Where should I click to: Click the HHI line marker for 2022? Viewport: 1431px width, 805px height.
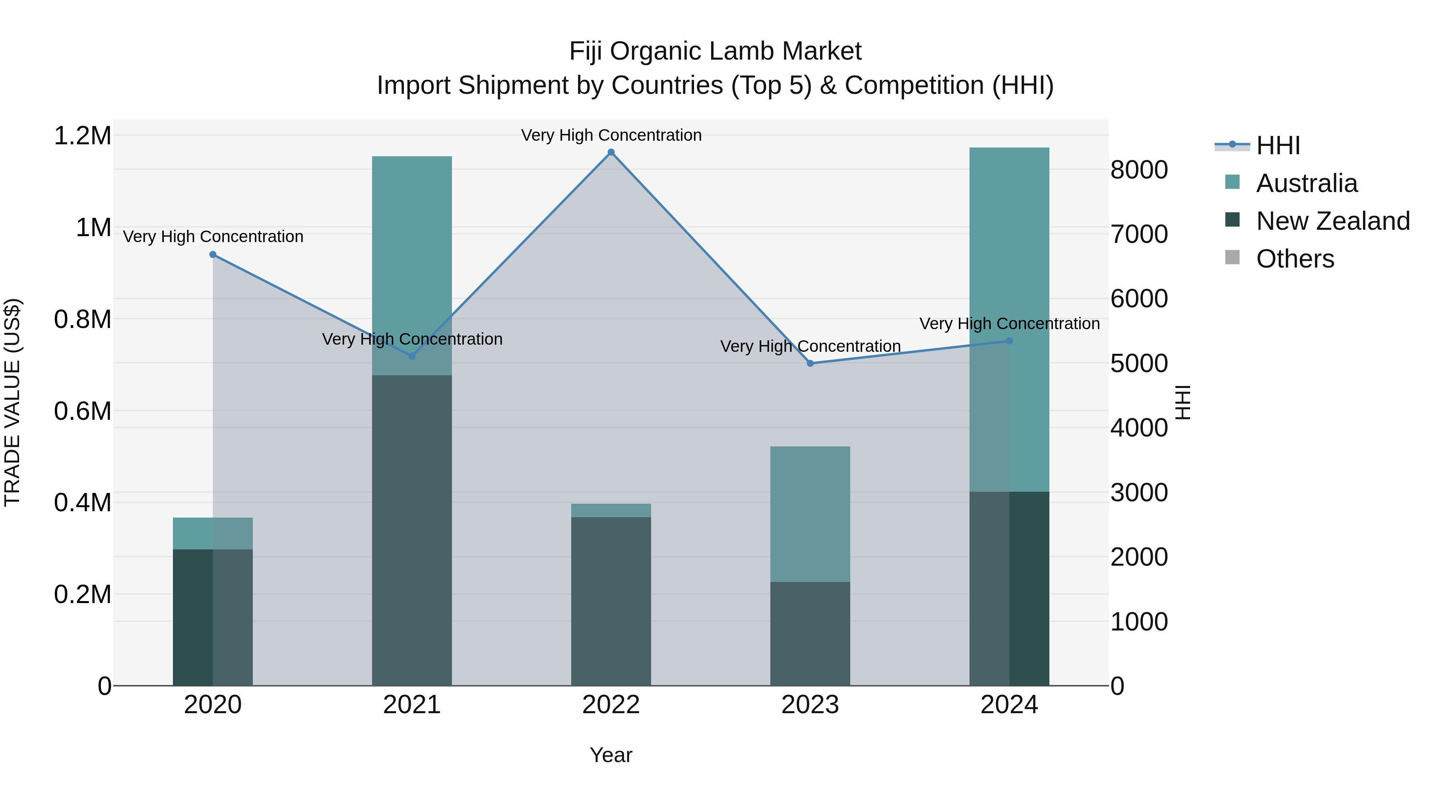click(611, 152)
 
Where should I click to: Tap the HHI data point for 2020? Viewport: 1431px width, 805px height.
click(213, 254)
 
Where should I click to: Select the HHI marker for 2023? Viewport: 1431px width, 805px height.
click(810, 363)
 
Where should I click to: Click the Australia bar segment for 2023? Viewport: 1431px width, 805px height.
click(810, 514)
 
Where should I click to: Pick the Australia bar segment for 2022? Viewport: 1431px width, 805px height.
click(611, 510)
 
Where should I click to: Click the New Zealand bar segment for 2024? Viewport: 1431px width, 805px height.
click(1009, 588)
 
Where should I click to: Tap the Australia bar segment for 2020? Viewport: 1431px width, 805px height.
click(213, 533)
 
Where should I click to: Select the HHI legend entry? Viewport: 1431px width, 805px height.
click(1278, 145)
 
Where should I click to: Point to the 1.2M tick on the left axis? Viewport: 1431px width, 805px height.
click(82, 136)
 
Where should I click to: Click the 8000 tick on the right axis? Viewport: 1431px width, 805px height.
click(1139, 170)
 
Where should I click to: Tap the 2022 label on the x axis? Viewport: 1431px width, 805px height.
click(611, 705)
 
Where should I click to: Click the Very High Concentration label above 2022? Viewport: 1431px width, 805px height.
click(611, 135)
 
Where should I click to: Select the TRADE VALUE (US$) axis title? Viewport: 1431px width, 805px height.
click(12, 402)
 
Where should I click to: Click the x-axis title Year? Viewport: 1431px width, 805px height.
click(611, 755)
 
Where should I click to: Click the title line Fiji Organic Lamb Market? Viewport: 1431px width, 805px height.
click(715, 52)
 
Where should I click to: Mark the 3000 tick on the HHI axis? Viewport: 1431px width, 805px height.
click(1139, 493)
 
